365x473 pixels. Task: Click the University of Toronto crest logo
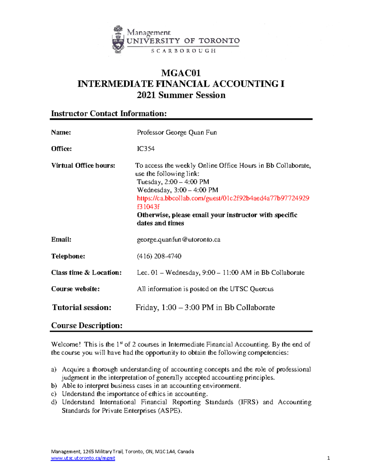118,40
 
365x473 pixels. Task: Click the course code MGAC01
181,73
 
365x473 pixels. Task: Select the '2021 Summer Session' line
181,95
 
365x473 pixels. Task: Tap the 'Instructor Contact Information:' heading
109,114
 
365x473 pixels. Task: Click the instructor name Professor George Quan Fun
177,132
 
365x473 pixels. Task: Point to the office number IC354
146,149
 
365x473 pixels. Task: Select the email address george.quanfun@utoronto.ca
179,240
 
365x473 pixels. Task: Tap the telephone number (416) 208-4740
159,256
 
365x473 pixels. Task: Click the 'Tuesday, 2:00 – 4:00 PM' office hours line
173,182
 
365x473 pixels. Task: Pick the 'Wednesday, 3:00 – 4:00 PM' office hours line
177,190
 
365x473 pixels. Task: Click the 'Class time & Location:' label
86,273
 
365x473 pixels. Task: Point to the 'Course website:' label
75,289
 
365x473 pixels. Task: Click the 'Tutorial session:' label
82,307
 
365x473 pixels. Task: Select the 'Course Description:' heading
87,326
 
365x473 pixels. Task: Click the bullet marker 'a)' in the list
54,369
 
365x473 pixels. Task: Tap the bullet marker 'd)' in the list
54,402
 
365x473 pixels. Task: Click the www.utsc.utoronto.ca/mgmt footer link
83,458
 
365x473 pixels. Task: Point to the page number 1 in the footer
328,458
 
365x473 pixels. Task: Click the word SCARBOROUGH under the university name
183,51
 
